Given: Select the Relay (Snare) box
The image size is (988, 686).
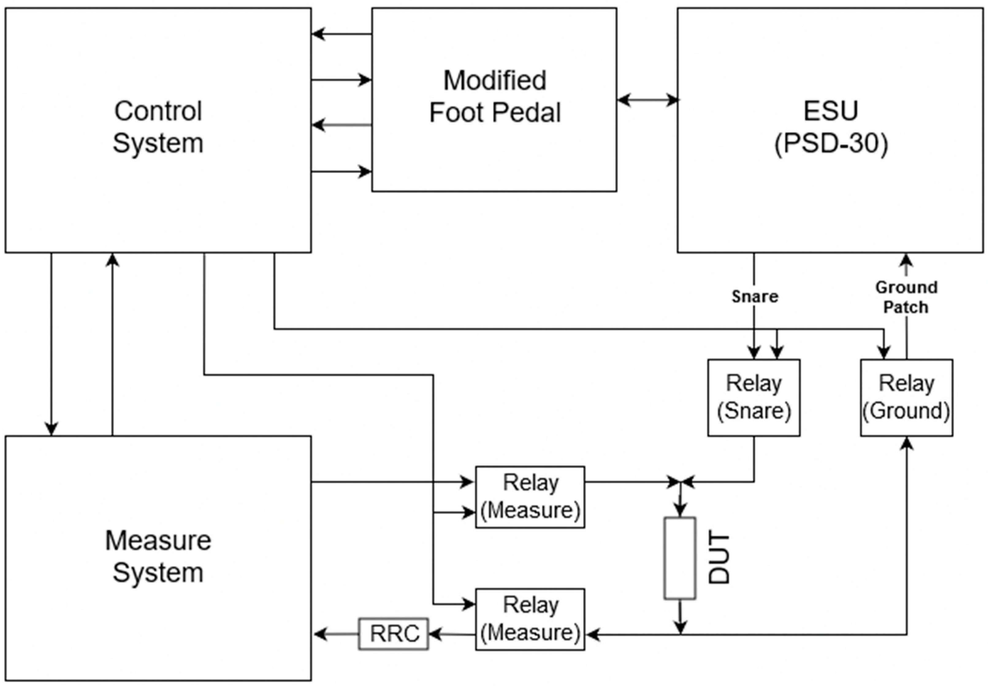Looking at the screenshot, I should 753,398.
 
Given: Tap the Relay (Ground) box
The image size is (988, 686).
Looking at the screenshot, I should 906,398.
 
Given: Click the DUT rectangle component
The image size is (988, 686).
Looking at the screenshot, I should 679,558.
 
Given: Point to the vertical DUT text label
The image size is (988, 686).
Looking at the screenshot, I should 719,558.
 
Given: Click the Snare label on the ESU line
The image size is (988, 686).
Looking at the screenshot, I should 754,296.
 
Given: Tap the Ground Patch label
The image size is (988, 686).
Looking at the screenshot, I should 906,297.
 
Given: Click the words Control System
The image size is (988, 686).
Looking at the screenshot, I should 158,127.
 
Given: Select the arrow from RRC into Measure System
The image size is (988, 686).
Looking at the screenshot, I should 335,634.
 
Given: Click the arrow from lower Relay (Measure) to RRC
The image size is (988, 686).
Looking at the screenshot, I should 452,634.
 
